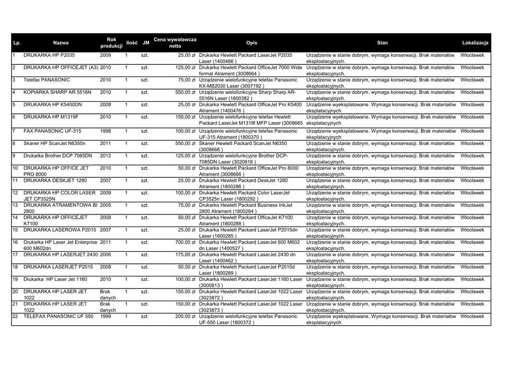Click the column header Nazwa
61,43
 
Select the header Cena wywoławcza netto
175,43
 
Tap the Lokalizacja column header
475,43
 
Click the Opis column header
251,43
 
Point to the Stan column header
382,43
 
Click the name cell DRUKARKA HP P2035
49,55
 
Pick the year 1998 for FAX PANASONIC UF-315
106,131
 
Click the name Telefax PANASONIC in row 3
47,80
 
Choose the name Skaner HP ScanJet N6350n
54,143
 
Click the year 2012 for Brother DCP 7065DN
106,156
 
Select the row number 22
15,317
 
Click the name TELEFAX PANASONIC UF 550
58,317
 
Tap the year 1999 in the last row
106,317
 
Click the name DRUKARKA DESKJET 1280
55,180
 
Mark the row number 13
15,205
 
